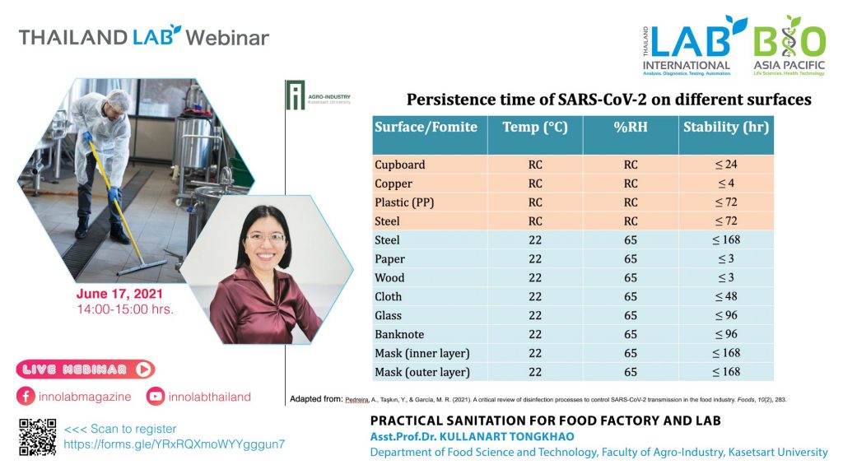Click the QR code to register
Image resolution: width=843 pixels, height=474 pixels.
pyautogui.click(x=38, y=437)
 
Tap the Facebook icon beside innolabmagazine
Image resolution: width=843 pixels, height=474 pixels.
pyautogui.click(x=26, y=397)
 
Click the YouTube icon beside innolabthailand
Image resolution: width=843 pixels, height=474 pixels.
pyautogui.click(x=156, y=397)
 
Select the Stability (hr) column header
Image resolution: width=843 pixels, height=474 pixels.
pyautogui.click(x=726, y=128)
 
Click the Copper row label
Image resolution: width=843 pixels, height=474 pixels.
pyautogui.click(x=393, y=184)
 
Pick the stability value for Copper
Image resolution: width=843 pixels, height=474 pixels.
pyautogui.click(x=726, y=184)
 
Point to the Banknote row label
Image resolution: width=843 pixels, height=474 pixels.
pyautogui.click(x=399, y=334)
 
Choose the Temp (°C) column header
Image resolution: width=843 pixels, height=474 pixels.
pyautogui.click(x=535, y=128)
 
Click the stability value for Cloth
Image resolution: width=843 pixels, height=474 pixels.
pyautogui.click(x=726, y=296)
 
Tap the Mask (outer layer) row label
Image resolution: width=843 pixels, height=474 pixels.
pyautogui.click(x=422, y=372)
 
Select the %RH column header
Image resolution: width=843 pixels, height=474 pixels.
pyautogui.click(x=631, y=128)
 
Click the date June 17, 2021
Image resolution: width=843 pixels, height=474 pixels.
pyautogui.click(x=119, y=294)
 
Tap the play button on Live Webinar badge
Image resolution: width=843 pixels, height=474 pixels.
pyautogui.click(x=143, y=369)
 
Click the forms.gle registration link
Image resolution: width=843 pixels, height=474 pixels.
pyautogui.click(x=175, y=444)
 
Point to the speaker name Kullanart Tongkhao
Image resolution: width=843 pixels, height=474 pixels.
pyautogui.click(x=507, y=436)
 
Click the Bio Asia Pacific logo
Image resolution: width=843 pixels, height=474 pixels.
pyautogui.click(x=789, y=46)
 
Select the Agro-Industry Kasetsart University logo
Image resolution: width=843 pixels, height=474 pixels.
pyautogui.click(x=319, y=95)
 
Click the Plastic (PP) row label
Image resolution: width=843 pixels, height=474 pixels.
pyautogui.click(x=404, y=202)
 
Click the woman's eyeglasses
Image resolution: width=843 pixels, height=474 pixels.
pyautogui.click(x=265, y=237)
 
